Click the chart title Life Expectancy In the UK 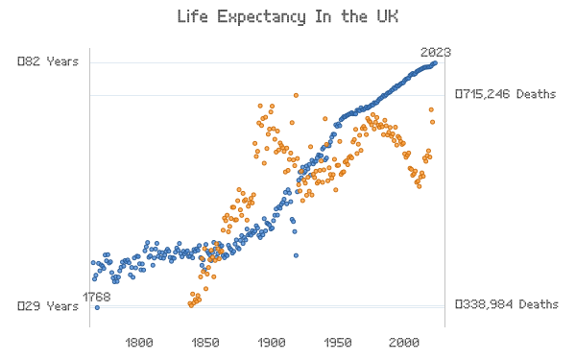coord(288,17)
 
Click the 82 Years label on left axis coord(48,61)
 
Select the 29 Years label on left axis coord(48,306)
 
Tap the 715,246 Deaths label coord(506,94)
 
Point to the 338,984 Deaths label coord(507,304)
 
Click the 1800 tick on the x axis coord(139,343)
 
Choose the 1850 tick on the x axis coord(205,343)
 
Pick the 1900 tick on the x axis coord(272,343)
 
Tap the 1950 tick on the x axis coord(338,343)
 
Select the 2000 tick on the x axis coord(404,343)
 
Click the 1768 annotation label coord(97,297)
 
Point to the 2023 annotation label coord(436,53)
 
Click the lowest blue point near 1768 coord(97,307)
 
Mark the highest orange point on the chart coord(296,95)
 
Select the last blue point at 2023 coord(435,63)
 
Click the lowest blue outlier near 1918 coord(296,255)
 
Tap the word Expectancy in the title coord(261,17)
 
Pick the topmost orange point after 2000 coord(431,109)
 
